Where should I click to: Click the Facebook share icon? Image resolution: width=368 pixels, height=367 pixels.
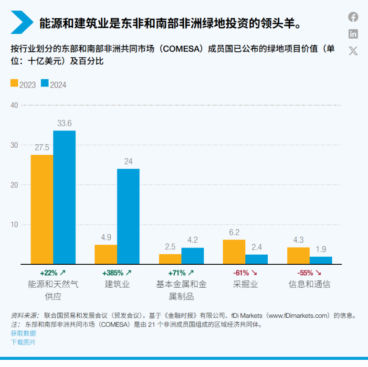coord(353,17)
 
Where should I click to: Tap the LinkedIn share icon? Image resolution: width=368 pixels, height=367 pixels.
coord(353,34)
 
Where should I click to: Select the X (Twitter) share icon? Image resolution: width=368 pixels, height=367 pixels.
coord(353,51)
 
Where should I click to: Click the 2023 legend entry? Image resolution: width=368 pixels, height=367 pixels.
coord(23,85)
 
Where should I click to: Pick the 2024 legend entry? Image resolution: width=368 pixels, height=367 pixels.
coord(53,85)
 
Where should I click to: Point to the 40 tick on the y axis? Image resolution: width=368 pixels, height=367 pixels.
coord(13,105)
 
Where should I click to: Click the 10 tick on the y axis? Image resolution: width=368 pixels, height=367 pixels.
coord(13,224)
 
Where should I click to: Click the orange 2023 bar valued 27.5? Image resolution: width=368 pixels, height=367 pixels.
coord(42,209)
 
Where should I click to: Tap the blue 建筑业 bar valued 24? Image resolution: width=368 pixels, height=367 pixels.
coord(128,216)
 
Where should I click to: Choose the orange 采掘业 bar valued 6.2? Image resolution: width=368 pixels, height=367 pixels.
coord(234,252)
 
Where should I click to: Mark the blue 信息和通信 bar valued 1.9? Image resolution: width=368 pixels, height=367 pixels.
coord(321,260)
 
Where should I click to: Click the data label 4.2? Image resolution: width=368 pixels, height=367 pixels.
coord(193,240)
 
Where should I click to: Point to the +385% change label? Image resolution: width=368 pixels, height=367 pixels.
coord(117,273)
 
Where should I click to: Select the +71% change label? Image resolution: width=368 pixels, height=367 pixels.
coord(181,273)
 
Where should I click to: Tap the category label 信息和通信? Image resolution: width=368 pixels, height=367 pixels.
coord(309,284)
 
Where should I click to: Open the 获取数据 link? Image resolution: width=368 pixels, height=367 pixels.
coord(23,334)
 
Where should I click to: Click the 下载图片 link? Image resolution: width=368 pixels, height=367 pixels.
coord(23,342)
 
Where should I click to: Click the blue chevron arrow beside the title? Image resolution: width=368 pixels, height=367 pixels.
coord(21,22)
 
